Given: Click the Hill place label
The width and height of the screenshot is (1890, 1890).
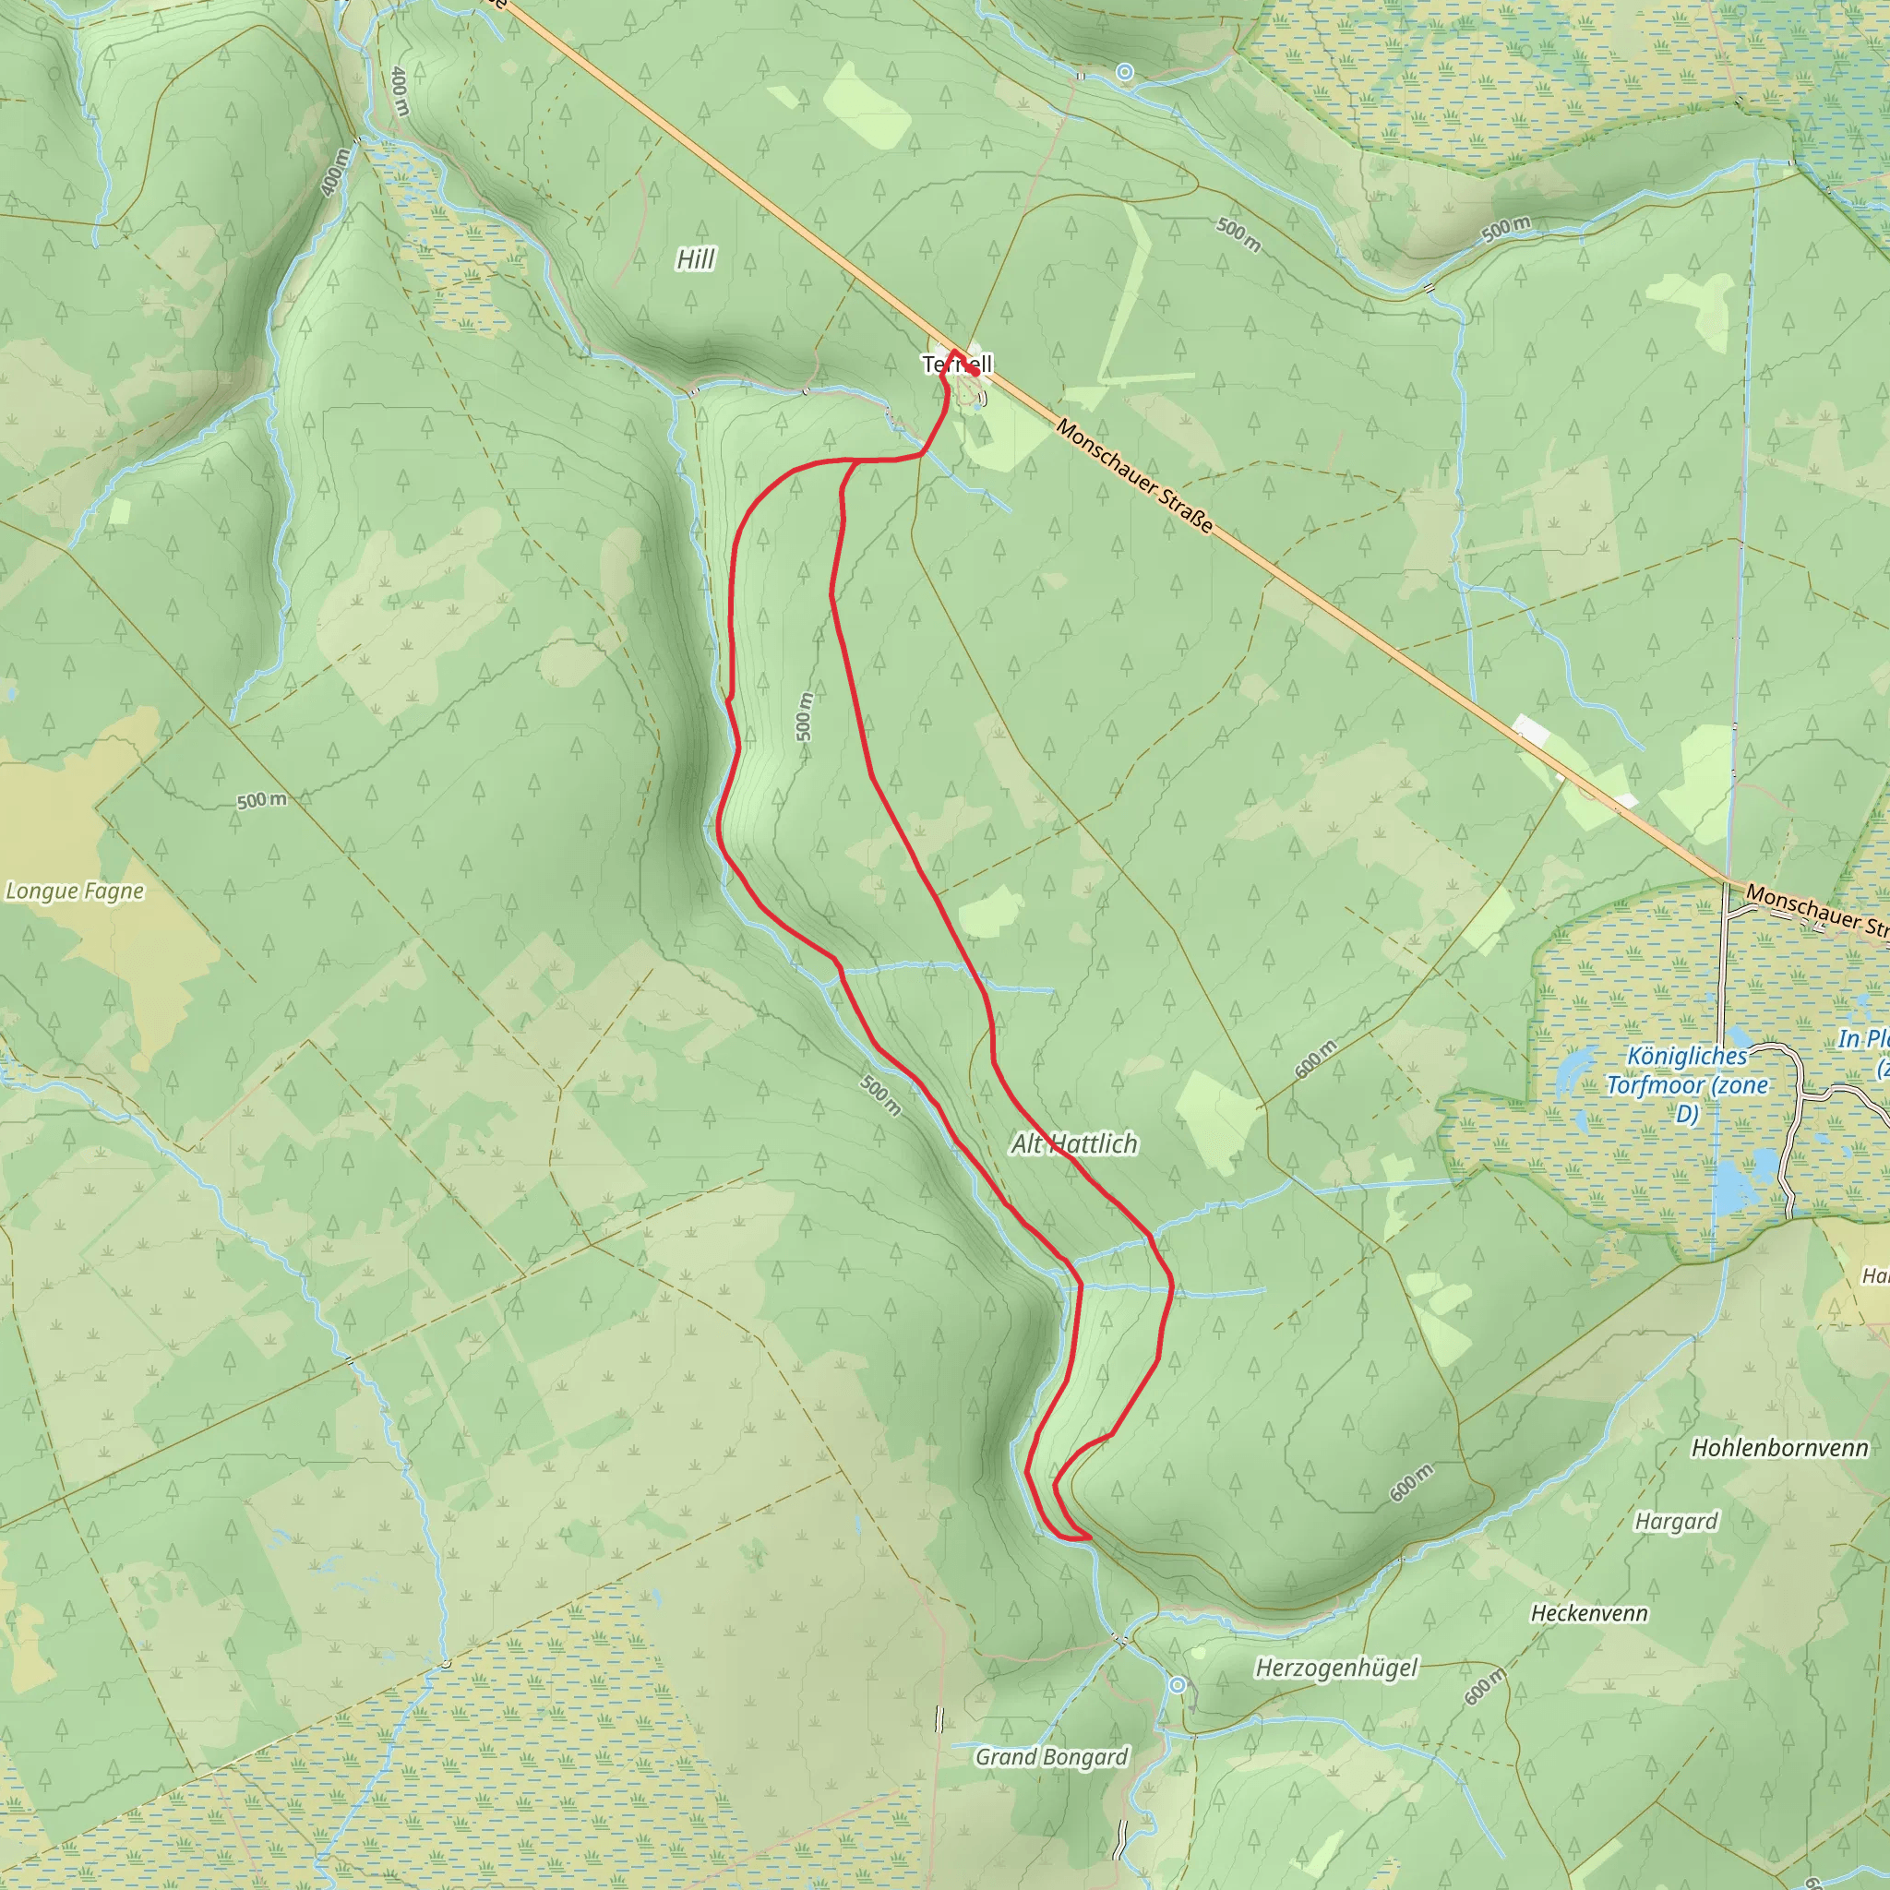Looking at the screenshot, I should click(696, 259).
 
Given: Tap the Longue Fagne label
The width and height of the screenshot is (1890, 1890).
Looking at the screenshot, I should click(76, 891).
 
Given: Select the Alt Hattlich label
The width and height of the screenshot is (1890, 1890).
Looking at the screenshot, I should click(1074, 1143).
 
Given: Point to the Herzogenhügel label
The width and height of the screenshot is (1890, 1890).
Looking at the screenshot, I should click(1336, 1667).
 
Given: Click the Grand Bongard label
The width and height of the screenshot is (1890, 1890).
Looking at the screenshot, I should click(1052, 1757).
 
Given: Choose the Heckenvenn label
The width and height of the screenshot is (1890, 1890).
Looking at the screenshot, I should click(1589, 1613).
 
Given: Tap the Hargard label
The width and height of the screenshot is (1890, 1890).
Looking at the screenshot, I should click(1676, 1521).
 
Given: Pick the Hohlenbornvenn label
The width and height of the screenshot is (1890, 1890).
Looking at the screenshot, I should click(1779, 1448).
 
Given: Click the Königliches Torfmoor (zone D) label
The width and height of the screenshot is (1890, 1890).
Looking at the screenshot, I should click(1687, 1085).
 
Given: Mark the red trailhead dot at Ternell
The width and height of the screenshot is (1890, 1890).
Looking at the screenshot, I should click(975, 371).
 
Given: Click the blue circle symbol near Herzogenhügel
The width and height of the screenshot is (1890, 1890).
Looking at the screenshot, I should click(1178, 1684).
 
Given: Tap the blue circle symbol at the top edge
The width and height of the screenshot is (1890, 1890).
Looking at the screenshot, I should click(1125, 71).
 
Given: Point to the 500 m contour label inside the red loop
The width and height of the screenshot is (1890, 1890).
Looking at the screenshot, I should click(804, 717).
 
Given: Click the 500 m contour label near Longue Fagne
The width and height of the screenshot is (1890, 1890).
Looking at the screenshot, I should click(262, 800).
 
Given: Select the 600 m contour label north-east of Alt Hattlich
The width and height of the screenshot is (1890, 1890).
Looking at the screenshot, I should click(1316, 1060).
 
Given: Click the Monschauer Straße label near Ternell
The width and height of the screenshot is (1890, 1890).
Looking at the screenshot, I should click(1135, 477).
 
